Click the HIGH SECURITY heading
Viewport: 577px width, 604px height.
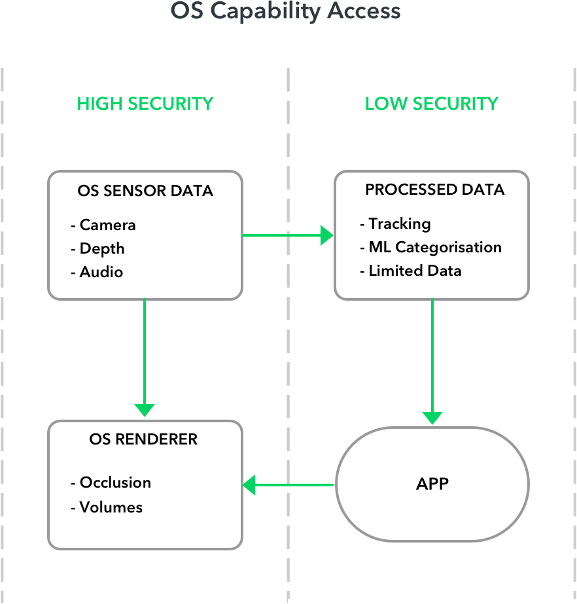point(145,104)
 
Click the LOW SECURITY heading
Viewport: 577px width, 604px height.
point(432,104)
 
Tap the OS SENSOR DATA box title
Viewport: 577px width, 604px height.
point(145,192)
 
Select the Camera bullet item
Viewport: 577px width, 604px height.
point(107,226)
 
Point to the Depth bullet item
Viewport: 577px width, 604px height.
point(101,249)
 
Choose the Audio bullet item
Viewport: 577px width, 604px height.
point(101,273)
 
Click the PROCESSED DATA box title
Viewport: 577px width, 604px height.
point(435,190)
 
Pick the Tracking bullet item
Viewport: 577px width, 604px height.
point(399,224)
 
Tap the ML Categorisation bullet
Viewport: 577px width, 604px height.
point(434,248)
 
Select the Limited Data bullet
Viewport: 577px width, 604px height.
point(415,271)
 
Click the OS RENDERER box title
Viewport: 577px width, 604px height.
point(143,439)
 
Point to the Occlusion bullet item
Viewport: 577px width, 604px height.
point(114,483)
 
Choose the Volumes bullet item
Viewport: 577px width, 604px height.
point(111,507)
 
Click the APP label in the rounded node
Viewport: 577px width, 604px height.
point(432,484)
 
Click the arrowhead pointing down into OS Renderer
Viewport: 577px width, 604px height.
point(145,410)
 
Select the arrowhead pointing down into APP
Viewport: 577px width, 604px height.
point(432,417)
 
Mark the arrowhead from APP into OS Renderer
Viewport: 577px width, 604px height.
point(249,485)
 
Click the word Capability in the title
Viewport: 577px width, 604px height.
point(285,11)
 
